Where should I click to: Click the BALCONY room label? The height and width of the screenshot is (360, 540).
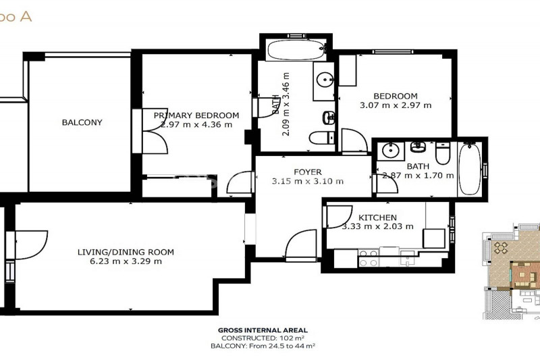82,122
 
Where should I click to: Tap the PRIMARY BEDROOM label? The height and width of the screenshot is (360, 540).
196,115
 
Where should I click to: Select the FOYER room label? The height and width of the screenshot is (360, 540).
308,172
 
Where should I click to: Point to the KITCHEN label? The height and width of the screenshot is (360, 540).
377,217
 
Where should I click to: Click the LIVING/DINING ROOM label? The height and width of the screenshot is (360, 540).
126,252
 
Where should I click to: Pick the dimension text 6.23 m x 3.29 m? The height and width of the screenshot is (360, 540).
126,261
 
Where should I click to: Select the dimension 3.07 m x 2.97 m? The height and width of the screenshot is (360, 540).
396,105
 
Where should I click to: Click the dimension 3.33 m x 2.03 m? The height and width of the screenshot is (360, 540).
377,226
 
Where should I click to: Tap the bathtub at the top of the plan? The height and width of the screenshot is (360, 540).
296,49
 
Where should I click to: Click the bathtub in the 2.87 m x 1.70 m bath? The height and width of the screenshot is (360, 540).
469,169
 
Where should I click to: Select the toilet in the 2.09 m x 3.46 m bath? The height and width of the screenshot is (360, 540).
322,138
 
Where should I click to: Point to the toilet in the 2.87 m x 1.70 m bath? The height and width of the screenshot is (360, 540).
443,153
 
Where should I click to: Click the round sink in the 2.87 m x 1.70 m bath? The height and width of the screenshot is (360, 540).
391,151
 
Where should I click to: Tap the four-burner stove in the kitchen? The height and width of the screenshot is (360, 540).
368,258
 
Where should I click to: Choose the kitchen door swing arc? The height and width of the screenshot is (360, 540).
340,217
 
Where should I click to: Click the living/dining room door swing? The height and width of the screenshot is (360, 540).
31,245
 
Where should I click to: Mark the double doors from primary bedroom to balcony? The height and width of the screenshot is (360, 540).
155,131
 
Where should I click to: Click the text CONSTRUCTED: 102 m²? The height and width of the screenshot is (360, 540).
263,338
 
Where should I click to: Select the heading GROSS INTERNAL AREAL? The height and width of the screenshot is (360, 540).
263,330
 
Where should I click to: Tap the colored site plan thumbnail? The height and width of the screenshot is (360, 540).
511,271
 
